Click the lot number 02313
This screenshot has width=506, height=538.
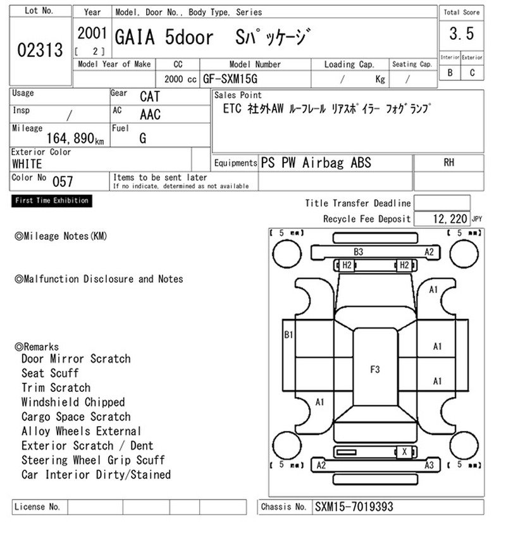click(x=40, y=50)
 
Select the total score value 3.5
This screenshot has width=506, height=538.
click(x=462, y=34)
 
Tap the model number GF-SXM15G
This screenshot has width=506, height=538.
click(x=230, y=79)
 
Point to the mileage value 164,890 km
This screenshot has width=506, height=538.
click(x=75, y=138)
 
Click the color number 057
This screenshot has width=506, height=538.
click(x=63, y=182)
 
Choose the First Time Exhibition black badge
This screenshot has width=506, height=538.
click(x=52, y=201)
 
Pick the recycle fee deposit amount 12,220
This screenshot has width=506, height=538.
click(x=450, y=218)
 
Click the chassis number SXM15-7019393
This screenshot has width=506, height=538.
click(x=354, y=507)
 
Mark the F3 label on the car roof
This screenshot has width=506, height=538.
click(x=375, y=369)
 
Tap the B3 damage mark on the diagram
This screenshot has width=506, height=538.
click(x=358, y=252)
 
